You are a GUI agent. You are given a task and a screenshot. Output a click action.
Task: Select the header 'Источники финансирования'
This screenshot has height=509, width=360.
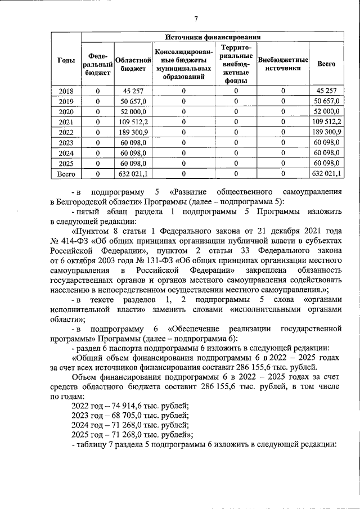(211, 37)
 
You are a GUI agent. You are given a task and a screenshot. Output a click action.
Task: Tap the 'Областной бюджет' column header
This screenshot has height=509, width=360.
(133, 64)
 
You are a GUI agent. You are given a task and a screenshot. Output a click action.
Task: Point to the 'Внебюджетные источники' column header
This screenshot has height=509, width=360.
(283, 64)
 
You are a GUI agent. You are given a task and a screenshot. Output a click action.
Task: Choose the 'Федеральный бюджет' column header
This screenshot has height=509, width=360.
(98, 64)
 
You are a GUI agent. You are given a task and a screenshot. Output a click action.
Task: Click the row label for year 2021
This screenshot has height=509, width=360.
(66, 121)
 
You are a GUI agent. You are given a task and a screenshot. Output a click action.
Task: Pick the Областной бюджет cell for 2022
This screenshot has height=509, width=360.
(133, 132)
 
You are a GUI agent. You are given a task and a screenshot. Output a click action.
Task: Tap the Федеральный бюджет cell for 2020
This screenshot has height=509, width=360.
(98, 111)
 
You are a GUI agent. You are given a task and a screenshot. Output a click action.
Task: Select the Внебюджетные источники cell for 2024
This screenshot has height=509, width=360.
(283, 153)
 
